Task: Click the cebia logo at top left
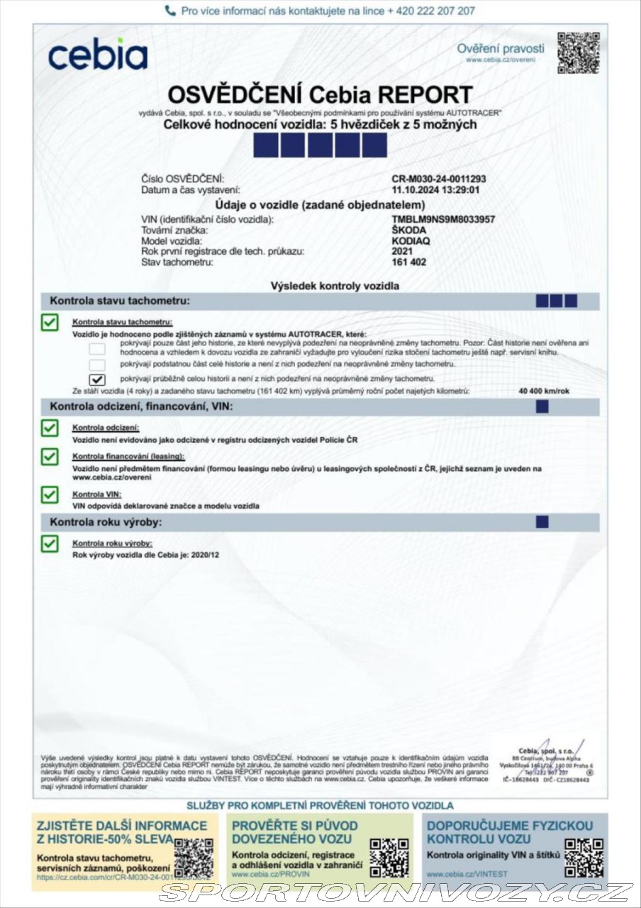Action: [98, 56]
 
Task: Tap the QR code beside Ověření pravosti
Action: [578, 52]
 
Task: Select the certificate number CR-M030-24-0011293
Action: [438, 179]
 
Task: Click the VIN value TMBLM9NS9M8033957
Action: [443, 220]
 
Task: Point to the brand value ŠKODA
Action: [410, 231]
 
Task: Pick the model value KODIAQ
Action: [411, 241]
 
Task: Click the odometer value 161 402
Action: [409, 262]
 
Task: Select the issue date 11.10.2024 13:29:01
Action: [435, 190]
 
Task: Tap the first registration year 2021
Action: [403, 251]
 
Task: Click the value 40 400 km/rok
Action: [545, 391]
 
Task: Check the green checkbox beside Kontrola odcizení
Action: [50, 428]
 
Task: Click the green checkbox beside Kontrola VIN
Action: [50, 494]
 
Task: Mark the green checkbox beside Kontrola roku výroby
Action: [50, 543]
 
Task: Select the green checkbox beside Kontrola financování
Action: [50, 456]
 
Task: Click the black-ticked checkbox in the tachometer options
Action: [98, 379]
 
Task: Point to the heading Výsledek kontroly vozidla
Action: [335, 286]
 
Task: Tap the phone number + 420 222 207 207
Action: [431, 11]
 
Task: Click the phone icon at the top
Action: [170, 11]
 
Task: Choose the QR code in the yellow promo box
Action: [194, 858]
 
